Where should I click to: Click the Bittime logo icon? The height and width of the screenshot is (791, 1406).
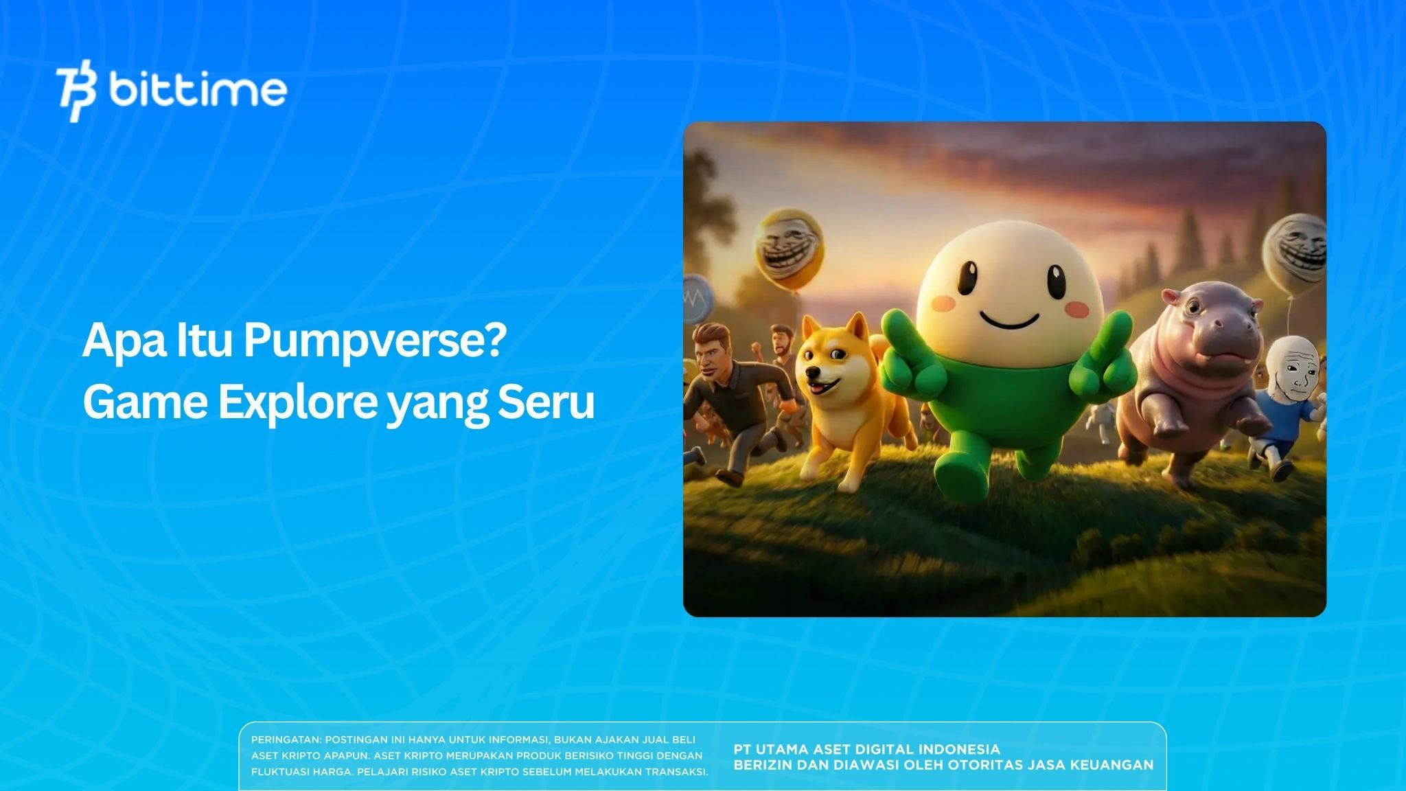click(78, 94)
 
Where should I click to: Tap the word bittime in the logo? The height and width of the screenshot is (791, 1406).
click(198, 90)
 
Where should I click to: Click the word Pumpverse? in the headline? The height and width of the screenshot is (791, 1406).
click(376, 341)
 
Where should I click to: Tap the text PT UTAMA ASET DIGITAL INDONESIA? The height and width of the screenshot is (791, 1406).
click(866, 749)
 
